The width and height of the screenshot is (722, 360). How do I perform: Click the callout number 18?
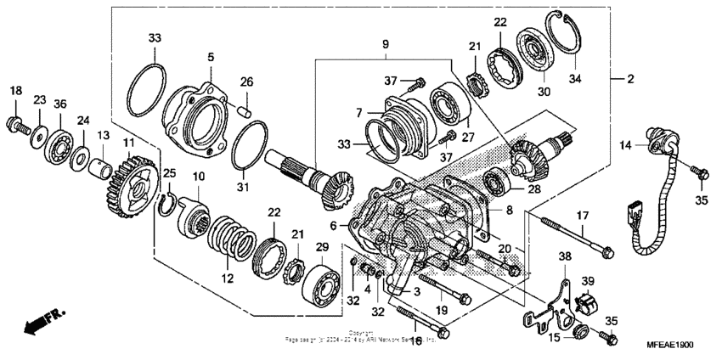click(15, 90)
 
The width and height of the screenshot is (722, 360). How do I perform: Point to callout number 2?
click(630, 79)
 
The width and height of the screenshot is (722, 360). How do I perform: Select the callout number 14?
click(627, 145)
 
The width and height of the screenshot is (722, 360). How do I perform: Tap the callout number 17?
click(584, 215)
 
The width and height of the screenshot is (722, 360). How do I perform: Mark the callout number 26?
click(246, 82)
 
